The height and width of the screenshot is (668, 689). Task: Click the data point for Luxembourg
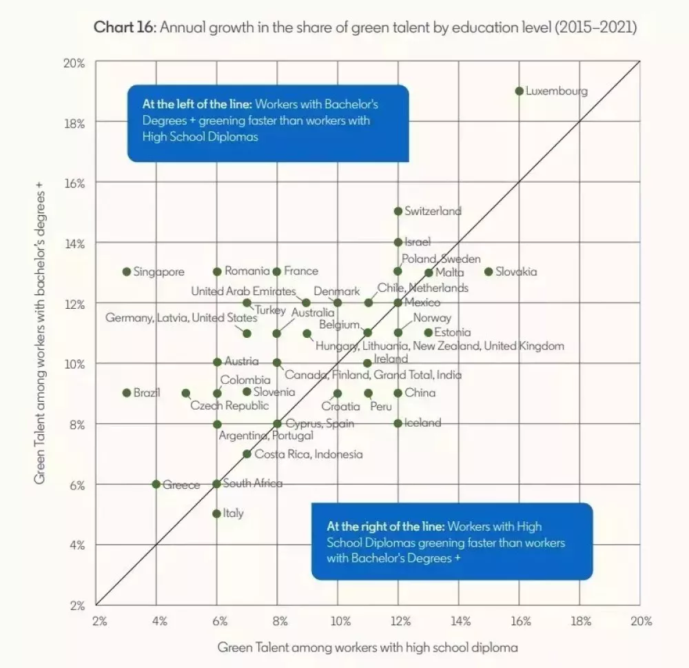pos(519,91)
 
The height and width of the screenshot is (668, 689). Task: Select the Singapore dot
pos(127,272)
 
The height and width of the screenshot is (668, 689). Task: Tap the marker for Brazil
pos(127,393)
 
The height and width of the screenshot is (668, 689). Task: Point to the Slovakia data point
pos(489,272)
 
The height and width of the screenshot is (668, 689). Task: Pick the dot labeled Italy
pos(217,514)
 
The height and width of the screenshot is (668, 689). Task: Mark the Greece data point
pos(156,484)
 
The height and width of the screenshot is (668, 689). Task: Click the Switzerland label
pos(433,211)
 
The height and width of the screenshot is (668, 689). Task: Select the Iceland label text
pos(422,423)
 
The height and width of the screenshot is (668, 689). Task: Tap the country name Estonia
pos(453,332)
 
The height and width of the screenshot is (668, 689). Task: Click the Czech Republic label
pos(229,405)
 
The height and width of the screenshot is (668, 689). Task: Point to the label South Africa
pos(253,483)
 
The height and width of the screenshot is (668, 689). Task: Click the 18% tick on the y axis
pos(75,123)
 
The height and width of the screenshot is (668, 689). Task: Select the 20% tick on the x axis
pos(641,621)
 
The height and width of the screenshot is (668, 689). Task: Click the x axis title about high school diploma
pos(367,647)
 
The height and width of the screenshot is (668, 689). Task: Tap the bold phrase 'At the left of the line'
pos(196,105)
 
